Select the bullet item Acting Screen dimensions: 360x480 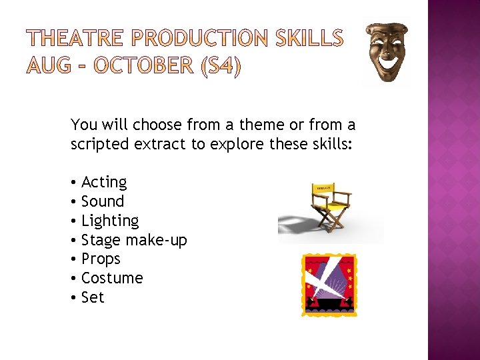pos(103,182)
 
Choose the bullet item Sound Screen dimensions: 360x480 pos(102,201)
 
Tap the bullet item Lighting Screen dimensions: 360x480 pos(109,221)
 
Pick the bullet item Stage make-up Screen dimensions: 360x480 pos(133,240)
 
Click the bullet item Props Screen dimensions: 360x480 pos(101,259)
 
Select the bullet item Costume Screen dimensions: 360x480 pos(111,278)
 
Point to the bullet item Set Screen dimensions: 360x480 pos(93,297)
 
